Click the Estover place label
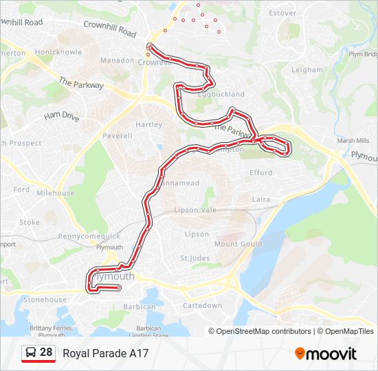pos(282,13)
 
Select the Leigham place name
pos(307,70)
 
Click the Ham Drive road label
pos(61,116)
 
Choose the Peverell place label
pos(117,136)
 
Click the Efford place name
pos(261,173)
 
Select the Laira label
pos(261,199)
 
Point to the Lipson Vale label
pos(195,210)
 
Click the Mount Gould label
pos(238,244)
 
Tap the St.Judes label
pos(194,258)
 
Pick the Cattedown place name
pos(203,305)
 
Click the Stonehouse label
pos(45,300)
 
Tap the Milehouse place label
pos(55,193)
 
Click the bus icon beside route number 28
pos(31,353)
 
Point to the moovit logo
pos(326,354)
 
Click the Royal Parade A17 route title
pos(106,354)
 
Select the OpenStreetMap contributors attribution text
pos(263,331)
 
